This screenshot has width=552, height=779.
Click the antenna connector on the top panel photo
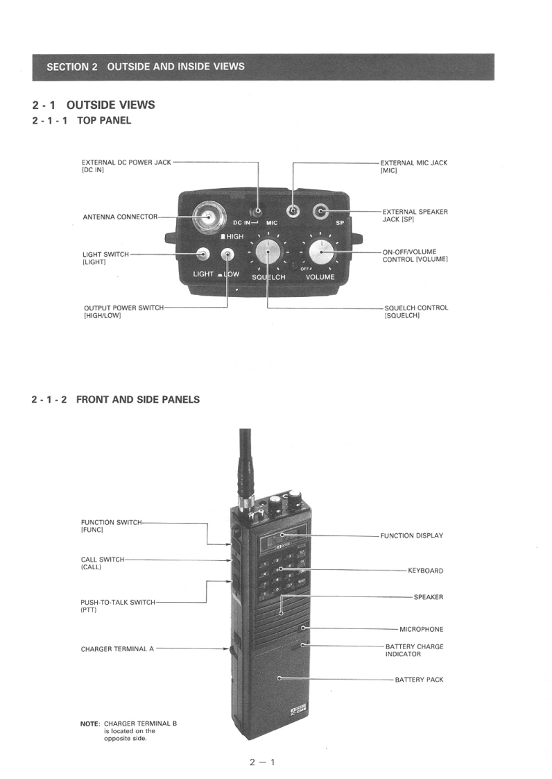(208, 217)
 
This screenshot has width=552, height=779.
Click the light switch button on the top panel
(203, 254)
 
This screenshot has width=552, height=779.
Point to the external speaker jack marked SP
(321, 211)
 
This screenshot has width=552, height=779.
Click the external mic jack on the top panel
(294, 211)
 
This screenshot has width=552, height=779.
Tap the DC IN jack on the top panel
(258, 211)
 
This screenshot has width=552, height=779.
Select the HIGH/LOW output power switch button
(227, 254)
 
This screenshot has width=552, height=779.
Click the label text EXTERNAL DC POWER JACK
(126, 162)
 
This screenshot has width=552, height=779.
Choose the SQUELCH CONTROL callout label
(416, 308)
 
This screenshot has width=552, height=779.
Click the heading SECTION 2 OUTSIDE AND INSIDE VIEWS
(146, 67)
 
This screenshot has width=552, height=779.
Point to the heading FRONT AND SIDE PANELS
(138, 399)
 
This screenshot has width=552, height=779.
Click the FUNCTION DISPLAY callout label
(411, 536)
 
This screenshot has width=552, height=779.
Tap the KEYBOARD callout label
(425, 571)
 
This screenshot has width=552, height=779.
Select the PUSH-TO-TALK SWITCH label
(118, 602)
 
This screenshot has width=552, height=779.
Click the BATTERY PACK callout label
(419, 680)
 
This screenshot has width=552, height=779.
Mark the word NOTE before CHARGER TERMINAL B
(90, 723)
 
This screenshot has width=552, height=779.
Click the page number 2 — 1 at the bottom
(263, 762)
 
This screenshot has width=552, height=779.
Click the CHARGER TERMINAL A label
(117, 649)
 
